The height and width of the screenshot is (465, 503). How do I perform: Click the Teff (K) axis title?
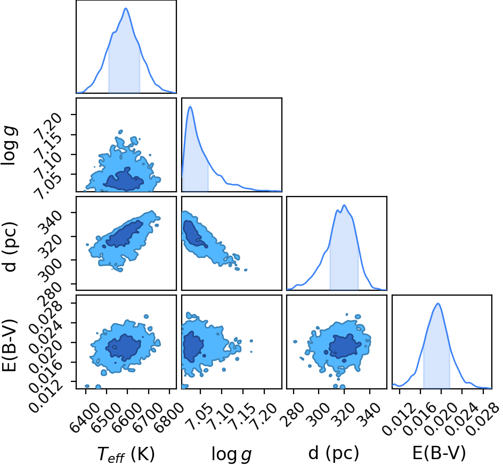126,454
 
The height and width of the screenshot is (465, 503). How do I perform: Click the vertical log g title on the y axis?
9,146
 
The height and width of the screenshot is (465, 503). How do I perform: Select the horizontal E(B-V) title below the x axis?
439,453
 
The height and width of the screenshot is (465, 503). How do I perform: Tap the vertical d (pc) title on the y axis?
11,246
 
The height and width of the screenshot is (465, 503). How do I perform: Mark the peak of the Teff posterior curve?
126,8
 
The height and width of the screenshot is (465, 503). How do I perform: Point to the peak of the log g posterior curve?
190,107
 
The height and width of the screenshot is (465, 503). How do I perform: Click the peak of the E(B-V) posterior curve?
437,304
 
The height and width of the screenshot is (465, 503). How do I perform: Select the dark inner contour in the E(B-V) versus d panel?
345,346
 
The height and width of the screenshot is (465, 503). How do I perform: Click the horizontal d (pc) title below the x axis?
334,453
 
